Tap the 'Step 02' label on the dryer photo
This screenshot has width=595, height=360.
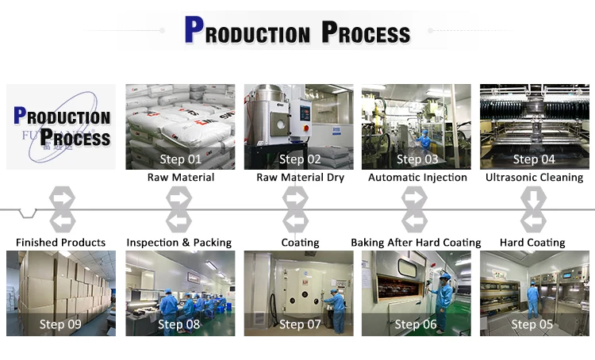(x=300, y=159)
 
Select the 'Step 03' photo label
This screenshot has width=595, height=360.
(x=417, y=159)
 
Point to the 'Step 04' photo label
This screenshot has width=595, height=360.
(x=534, y=159)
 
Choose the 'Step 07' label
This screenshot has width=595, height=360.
(x=300, y=324)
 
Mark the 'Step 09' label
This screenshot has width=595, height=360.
(x=60, y=324)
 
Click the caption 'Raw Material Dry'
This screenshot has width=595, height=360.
(x=300, y=178)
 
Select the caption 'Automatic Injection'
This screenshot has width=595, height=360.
(x=417, y=178)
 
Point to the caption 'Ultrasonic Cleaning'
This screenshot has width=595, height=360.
(x=534, y=178)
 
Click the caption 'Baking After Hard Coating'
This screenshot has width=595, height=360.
(x=416, y=242)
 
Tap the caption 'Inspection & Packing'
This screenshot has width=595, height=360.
(x=179, y=242)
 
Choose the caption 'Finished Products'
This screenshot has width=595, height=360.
(x=60, y=242)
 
